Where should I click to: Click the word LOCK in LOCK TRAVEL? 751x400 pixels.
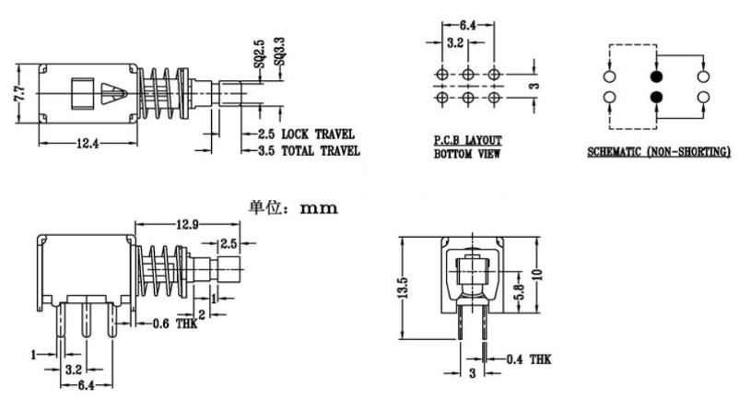[x=299, y=135]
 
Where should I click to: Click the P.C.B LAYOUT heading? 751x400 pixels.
[x=468, y=141]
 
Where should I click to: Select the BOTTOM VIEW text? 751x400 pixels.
[x=467, y=154]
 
